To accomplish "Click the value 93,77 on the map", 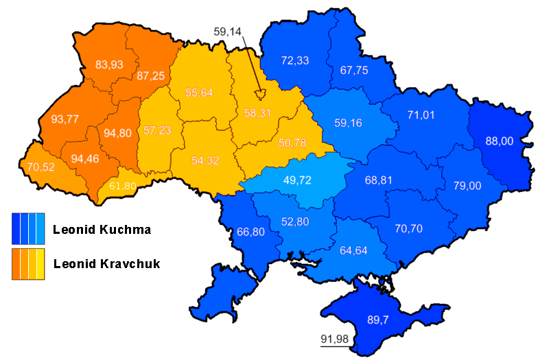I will (x=65, y=119).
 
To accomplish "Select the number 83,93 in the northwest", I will (x=109, y=65).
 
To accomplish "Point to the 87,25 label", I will (x=150, y=75).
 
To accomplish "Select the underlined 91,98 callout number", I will (x=334, y=338).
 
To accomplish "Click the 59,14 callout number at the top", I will (x=228, y=31).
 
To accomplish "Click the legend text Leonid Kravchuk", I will (x=106, y=263).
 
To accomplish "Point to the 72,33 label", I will (x=295, y=60).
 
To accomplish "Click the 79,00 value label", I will (x=467, y=186).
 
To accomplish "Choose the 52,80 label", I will (x=296, y=221).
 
